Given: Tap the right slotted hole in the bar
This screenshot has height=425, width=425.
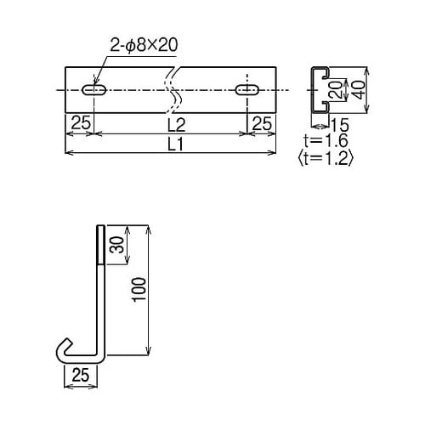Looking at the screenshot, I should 249,89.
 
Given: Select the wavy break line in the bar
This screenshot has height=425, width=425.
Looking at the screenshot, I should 173,89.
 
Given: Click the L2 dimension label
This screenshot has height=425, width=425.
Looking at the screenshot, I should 173,124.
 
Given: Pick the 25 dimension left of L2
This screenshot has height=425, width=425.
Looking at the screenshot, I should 81,124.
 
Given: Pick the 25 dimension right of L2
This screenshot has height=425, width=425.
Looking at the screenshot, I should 263,124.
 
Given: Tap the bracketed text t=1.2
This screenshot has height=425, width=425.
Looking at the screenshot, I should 326,157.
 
